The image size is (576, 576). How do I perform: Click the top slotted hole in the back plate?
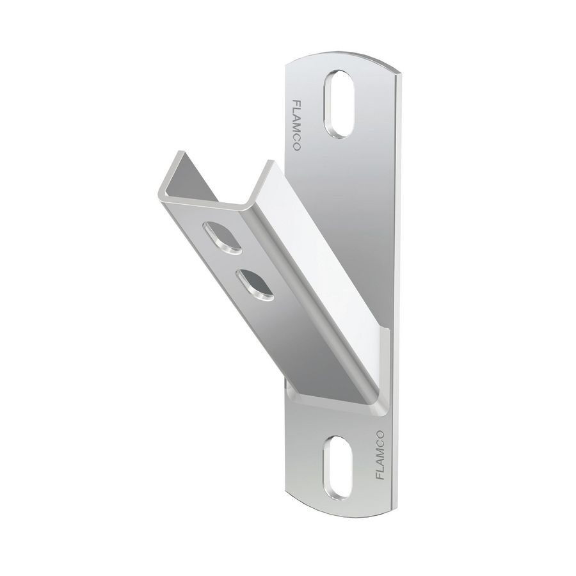point(339,104)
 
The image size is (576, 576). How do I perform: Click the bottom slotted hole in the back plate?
point(339,465)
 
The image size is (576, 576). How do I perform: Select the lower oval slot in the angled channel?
point(254,284)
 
